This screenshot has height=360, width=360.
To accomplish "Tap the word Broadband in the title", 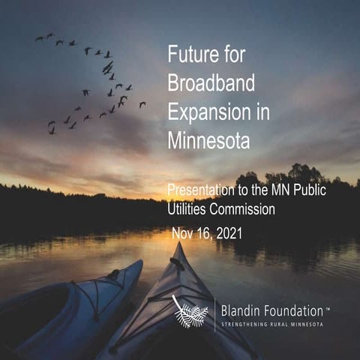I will (x=206, y=82).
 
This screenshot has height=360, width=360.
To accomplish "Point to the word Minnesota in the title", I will (x=208, y=139).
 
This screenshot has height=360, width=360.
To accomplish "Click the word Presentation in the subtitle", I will (x=200, y=191).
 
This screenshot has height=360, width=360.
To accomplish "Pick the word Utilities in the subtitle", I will (x=188, y=209).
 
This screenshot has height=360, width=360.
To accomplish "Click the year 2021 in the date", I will (x=227, y=233).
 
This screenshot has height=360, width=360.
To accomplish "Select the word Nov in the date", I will (x=184, y=233).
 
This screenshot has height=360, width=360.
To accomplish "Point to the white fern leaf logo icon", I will (x=190, y=311).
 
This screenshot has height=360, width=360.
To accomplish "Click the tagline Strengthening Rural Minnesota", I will (x=275, y=324).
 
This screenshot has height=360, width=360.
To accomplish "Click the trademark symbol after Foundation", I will (x=328, y=304).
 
